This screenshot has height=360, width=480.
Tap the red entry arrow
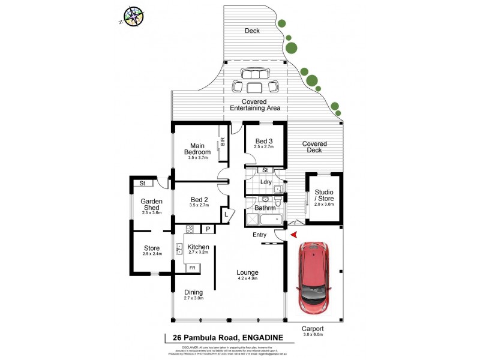[293, 235]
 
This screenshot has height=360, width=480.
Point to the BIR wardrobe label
[223, 142]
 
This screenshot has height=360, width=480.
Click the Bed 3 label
[264, 141]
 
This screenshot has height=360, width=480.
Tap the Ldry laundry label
[266, 182]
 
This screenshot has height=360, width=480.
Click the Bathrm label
[265, 208]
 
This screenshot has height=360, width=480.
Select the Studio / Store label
[324, 196]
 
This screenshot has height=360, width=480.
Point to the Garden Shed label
[152, 205]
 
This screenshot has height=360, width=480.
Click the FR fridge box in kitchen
[193, 268]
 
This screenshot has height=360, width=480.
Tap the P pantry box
[208, 229]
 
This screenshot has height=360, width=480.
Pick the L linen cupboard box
[226, 214]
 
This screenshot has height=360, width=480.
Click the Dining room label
[194, 292]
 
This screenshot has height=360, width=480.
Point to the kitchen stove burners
[189, 229]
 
